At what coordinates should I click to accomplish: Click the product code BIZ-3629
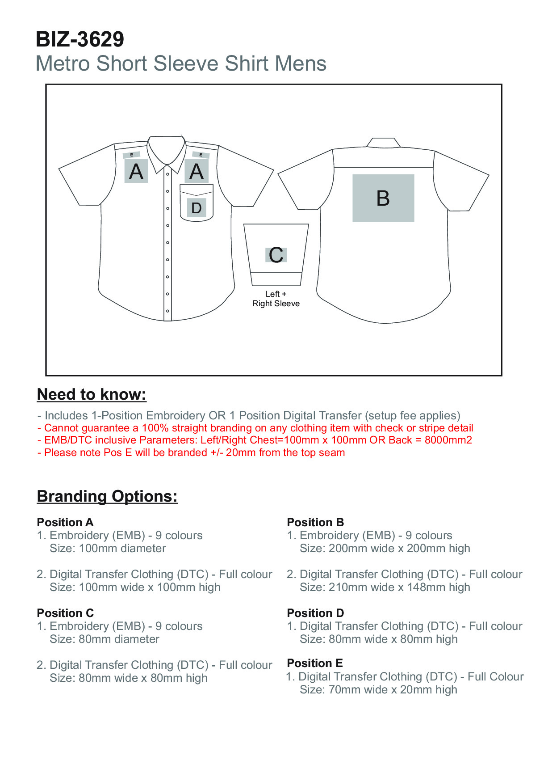[x=79, y=39]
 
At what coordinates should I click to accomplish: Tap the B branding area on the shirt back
[x=383, y=198]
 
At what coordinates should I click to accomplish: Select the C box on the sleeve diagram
[x=276, y=255]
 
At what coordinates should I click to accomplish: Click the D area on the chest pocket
[x=197, y=208]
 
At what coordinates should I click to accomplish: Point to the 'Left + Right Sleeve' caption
[x=276, y=299]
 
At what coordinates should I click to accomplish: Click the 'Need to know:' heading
[x=92, y=394]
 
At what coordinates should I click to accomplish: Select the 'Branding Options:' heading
[x=107, y=496]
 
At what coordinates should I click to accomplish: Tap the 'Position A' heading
[x=65, y=522]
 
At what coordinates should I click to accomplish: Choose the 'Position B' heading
[x=315, y=522]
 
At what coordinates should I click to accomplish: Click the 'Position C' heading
[x=65, y=613]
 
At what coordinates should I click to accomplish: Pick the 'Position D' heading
[x=315, y=613]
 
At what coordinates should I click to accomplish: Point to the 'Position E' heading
[x=315, y=663]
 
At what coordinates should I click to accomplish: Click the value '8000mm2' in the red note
[x=448, y=440]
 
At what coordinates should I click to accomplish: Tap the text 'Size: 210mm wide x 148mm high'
[x=385, y=587]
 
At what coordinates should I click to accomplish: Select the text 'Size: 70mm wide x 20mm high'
[x=378, y=689]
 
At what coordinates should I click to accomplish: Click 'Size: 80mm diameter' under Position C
[x=105, y=639]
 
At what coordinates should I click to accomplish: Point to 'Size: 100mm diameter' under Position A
[x=108, y=548]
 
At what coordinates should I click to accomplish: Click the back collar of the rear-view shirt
[x=383, y=143]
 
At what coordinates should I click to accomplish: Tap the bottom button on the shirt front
[x=167, y=311]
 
